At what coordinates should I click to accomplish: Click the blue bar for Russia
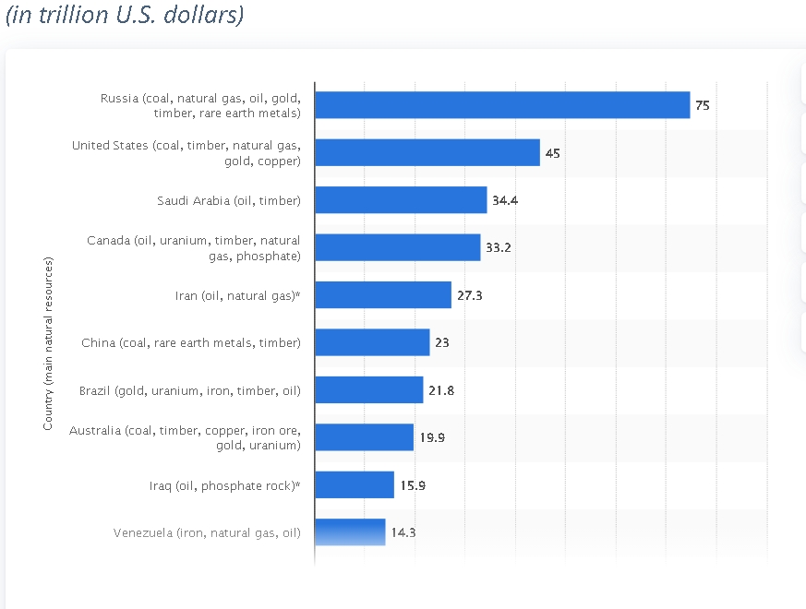coord(502,105)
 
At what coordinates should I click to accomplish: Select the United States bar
coord(427,152)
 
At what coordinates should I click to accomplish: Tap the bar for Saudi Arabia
coord(401,200)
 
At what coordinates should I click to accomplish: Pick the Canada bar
coord(398,247)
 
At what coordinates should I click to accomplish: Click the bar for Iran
coord(383,295)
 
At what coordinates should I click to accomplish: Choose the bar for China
coord(372,342)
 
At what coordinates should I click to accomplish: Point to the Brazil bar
coord(369,390)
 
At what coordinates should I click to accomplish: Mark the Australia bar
coord(365,437)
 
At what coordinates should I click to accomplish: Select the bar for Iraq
coord(355,485)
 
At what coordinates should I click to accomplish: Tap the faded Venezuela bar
coord(351,532)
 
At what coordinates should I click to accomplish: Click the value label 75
coord(703,105)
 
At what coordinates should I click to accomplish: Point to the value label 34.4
coord(505,200)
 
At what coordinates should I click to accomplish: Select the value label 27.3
coord(470,295)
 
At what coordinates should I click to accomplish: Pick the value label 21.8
coord(441,390)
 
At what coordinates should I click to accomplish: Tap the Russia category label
coord(200,105)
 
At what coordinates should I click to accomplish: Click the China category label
coord(191,342)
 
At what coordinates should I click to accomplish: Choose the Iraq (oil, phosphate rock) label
coord(225,485)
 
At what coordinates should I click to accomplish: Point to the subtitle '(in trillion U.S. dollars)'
coord(125,17)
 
